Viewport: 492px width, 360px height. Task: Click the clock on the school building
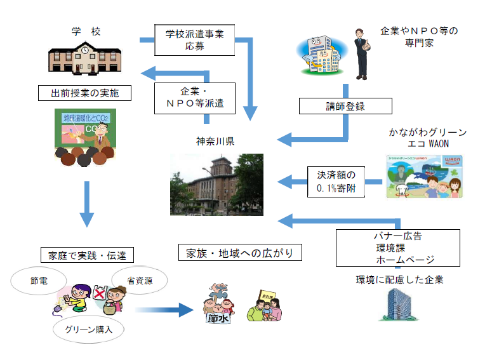tap(84, 48)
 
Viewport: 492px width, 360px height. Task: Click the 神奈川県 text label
tap(215, 141)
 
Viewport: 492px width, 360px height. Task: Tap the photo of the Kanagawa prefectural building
tap(216, 184)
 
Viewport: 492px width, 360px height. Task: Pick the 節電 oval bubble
tap(39, 280)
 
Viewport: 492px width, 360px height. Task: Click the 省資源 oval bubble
tap(138, 279)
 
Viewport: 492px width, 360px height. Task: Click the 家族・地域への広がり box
tap(239, 252)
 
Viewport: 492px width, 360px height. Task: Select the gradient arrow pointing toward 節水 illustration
tap(164, 310)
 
